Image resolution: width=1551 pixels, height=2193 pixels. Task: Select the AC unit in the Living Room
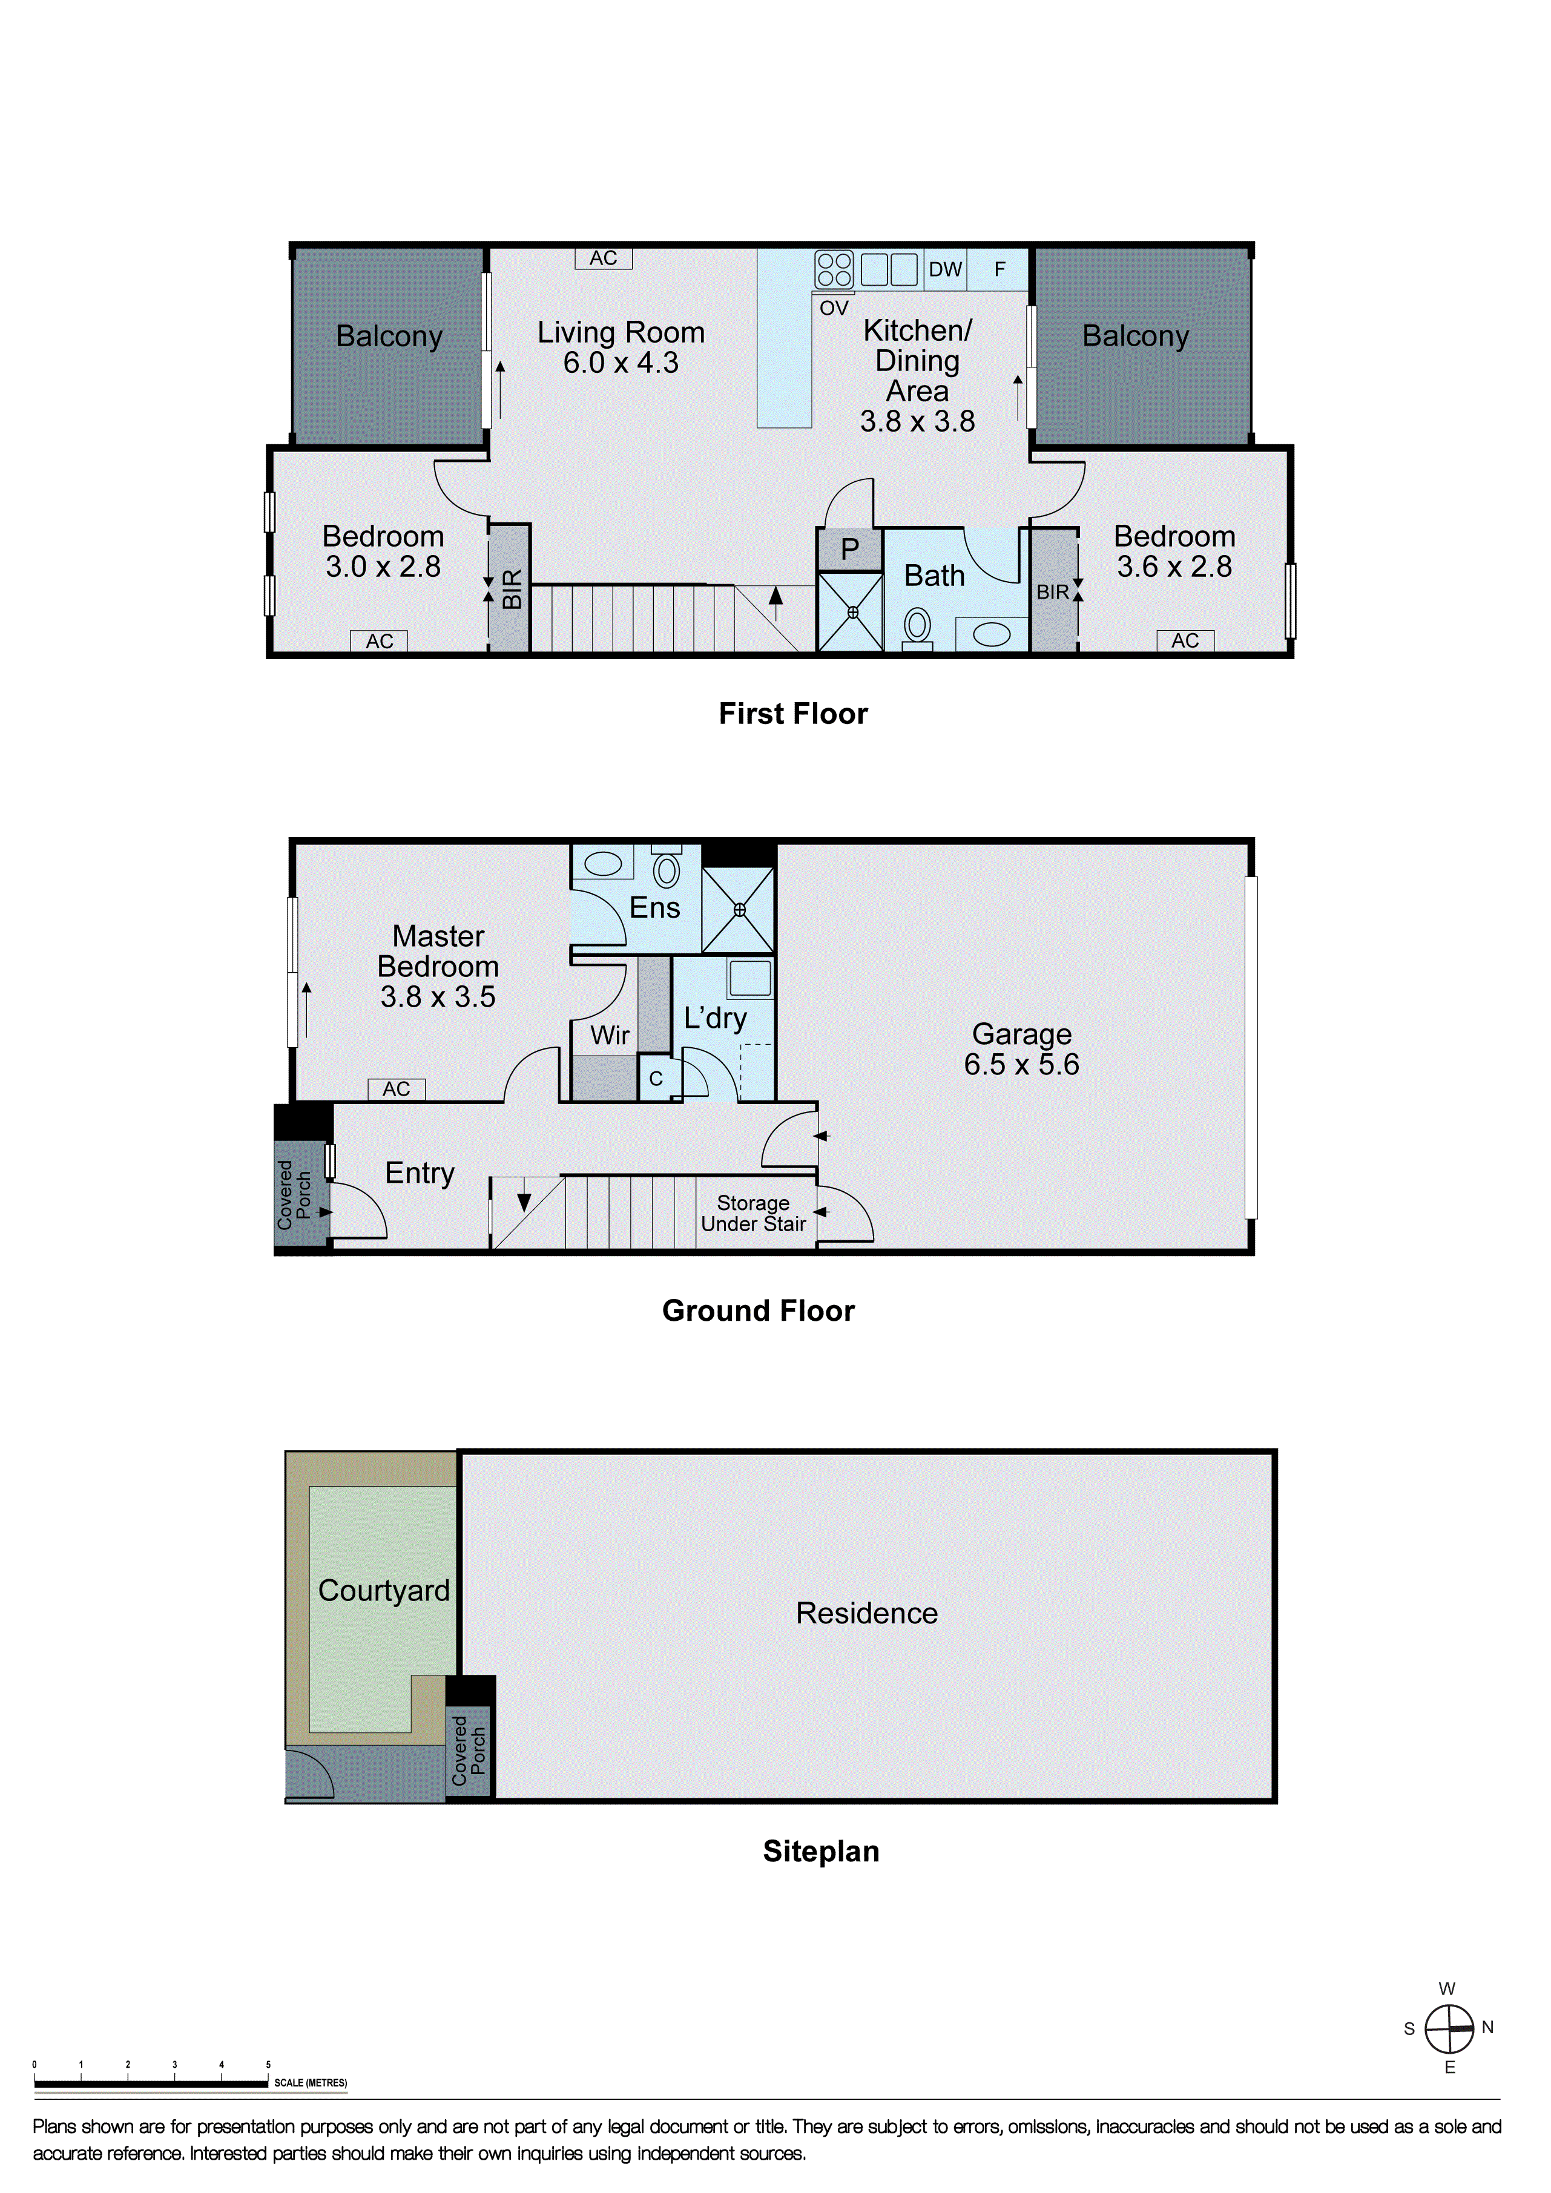[604, 258]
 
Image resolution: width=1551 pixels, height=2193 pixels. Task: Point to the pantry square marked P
[849, 550]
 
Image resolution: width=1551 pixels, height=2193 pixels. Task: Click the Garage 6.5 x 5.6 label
[1022, 1049]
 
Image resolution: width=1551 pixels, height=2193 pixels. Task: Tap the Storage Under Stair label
[754, 1213]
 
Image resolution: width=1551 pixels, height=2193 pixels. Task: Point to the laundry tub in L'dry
[749, 978]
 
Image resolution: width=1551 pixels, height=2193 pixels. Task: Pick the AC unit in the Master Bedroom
[397, 1089]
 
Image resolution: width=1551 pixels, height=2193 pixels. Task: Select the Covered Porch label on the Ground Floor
[294, 1195]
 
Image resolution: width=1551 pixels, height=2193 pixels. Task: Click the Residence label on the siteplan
[867, 1613]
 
